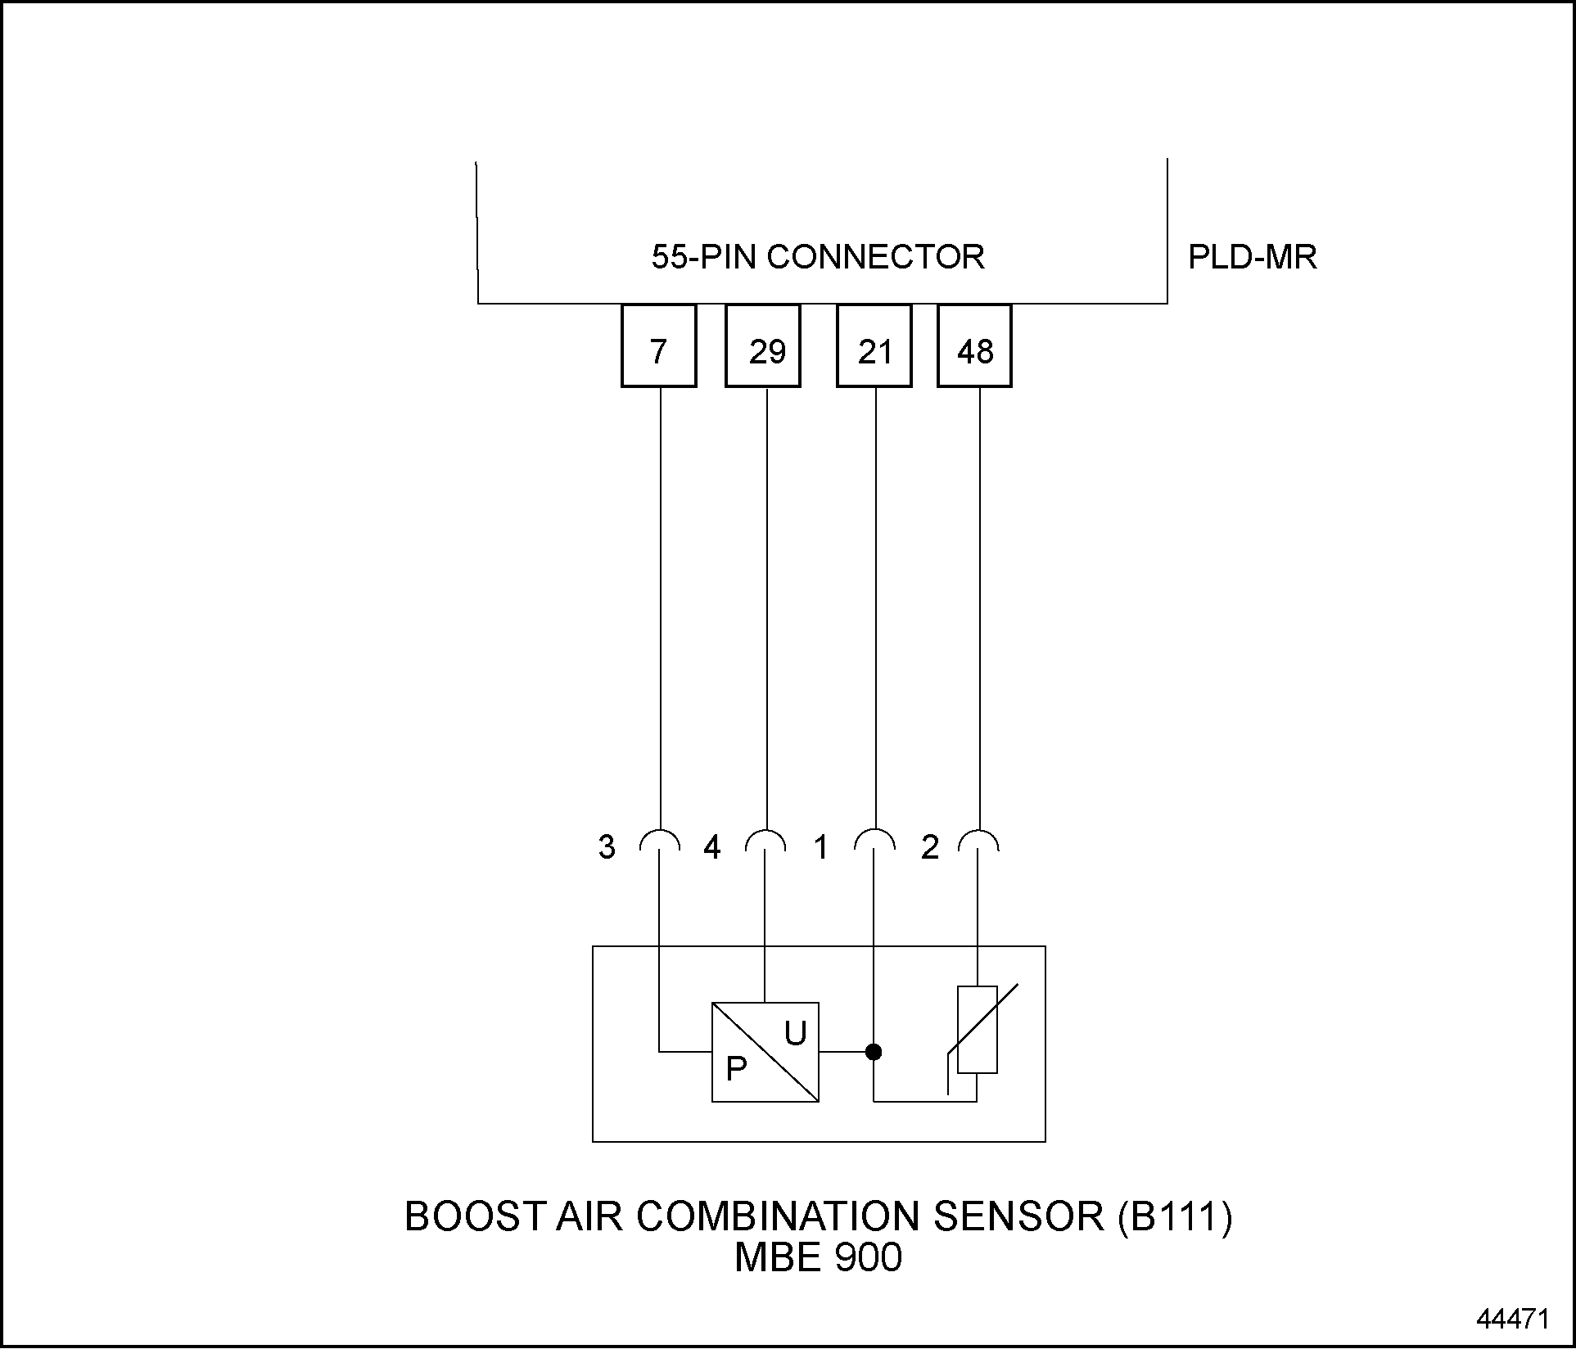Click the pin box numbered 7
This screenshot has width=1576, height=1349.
point(658,345)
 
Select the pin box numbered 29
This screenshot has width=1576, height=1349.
point(763,345)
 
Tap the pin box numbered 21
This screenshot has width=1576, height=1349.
point(874,345)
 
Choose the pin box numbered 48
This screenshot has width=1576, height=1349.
point(974,345)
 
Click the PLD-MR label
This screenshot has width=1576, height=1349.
point(1252,258)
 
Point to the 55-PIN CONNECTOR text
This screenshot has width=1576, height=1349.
point(817,258)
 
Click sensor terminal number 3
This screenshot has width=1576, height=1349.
point(607,847)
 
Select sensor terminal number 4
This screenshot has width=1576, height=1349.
point(712,847)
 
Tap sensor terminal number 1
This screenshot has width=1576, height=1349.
point(820,847)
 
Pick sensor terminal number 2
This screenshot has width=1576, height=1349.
point(929,847)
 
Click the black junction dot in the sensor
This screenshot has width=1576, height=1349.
point(874,1052)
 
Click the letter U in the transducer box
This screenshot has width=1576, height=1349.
point(795,1035)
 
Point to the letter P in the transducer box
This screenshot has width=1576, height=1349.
point(736,1069)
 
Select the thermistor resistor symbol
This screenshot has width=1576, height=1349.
point(978,1030)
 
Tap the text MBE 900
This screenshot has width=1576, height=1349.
point(818,1258)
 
